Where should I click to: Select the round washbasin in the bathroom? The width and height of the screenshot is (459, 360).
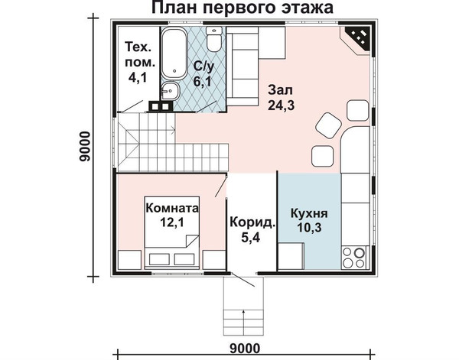[x=170, y=91]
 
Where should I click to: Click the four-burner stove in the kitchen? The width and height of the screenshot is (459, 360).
[x=353, y=258]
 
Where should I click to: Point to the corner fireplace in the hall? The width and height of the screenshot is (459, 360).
[x=358, y=40]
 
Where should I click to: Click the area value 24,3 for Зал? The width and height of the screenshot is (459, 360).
[x=281, y=105]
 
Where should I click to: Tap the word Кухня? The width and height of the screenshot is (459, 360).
[x=309, y=213]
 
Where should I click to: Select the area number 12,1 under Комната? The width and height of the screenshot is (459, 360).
[x=172, y=223]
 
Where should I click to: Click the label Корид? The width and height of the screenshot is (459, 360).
[x=252, y=223]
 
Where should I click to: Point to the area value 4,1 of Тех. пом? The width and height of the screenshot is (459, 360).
[x=137, y=77]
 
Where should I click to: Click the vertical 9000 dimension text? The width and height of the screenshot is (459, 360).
[x=85, y=146]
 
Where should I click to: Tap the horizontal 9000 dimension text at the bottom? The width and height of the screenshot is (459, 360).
[x=245, y=349]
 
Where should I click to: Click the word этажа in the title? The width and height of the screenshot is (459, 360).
[x=308, y=8]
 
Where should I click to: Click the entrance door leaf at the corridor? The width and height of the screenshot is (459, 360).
[x=243, y=280]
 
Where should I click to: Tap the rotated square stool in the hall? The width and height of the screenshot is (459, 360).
[x=328, y=125]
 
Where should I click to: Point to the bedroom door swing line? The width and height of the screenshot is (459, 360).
[x=221, y=186]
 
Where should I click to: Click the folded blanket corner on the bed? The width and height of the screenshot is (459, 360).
[x=191, y=242]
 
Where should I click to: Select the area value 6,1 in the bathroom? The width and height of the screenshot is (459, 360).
[x=202, y=82]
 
